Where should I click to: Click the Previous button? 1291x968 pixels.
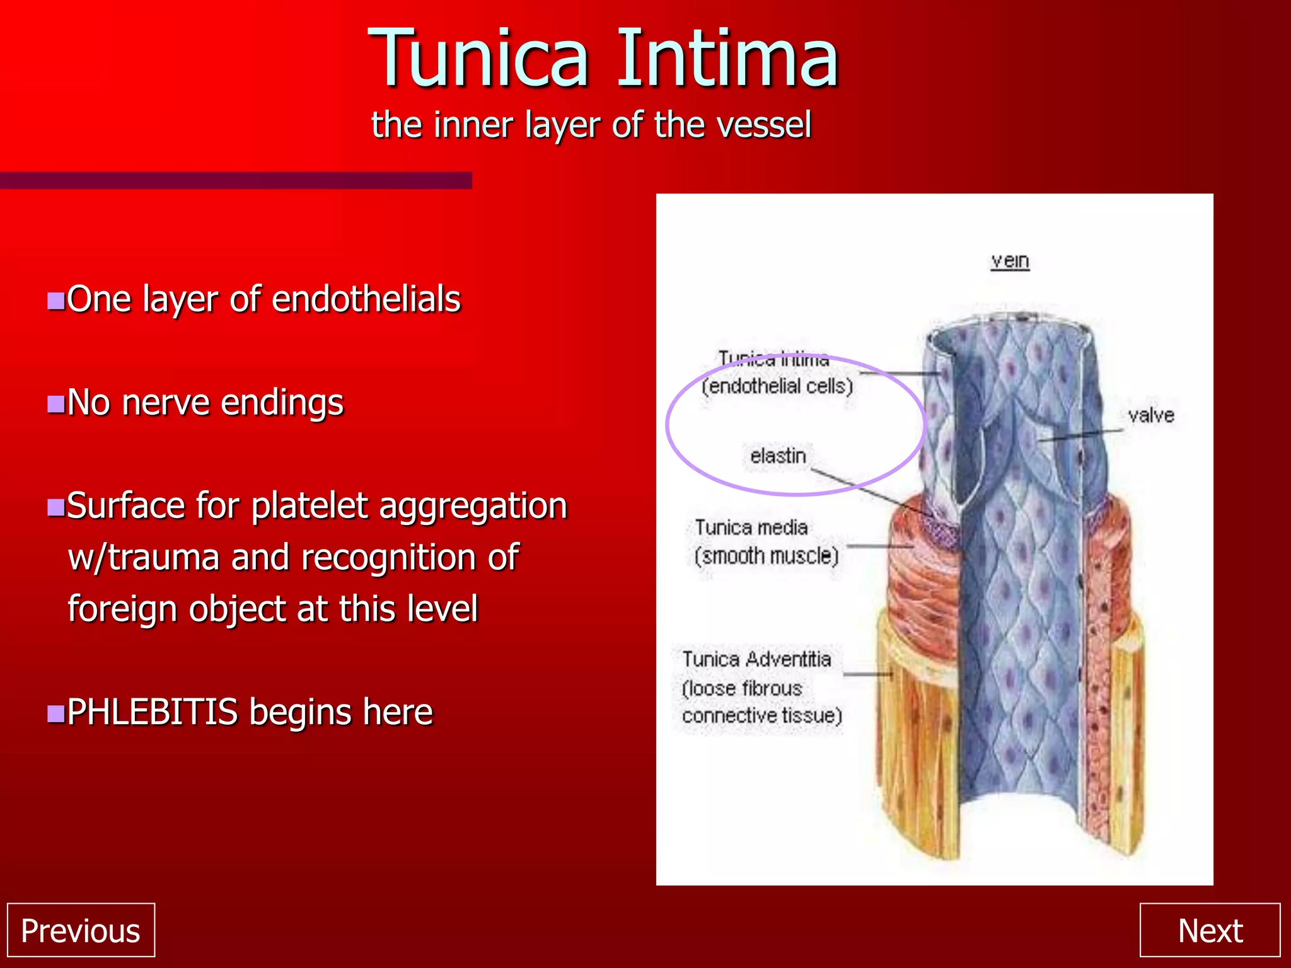coord(81,930)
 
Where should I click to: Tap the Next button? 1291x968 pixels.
coord(1210,930)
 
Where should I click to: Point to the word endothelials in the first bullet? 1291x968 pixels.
coord(366,299)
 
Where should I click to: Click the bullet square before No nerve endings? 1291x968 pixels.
coord(56,403)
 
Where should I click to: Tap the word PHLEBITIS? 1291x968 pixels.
coord(152,712)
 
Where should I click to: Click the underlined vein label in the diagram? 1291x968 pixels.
coord(1010,260)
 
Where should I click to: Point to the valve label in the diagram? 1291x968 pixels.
coord(1151,415)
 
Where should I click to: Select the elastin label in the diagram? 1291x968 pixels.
coord(778,456)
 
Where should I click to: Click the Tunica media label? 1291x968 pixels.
coord(751,527)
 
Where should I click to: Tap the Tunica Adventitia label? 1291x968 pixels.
coord(756,659)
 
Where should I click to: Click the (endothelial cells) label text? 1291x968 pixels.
coord(777,386)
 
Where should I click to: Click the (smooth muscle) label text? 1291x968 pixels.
coord(767,556)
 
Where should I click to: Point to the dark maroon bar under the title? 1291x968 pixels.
coord(236,180)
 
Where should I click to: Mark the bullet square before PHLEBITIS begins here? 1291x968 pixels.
coord(56,713)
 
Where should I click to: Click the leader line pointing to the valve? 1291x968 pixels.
coord(1081,435)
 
